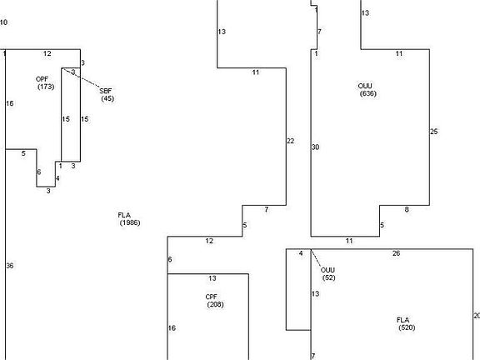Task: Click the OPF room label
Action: pyautogui.click(x=42, y=79)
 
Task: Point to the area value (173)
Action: pyautogui.click(x=46, y=87)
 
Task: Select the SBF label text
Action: pyautogui.click(x=106, y=91)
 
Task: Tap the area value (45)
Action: pyautogui.click(x=107, y=98)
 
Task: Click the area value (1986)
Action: pyautogui.click(x=130, y=222)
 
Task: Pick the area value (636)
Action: pyautogui.click(x=368, y=93)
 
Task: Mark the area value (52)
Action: pyautogui.click(x=329, y=277)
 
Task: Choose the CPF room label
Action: pyautogui.click(x=212, y=297)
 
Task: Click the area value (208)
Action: pyautogui.click(x=215, y=305)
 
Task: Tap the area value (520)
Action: pyautogui.click(x=407, y=327)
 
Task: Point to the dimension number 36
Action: pyautogui.click(x=10, y=266)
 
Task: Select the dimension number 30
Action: pyautogui.click(x=315, y=147)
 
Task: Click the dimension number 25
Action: pyautogui.click(x=434, y=132)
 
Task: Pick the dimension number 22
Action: pyautogui.click(x=291, y=141)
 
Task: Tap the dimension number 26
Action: pyautogui.click(x=396, y=253)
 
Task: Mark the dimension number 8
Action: pyautogui.click(x=407, y=210)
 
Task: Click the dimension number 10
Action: pyautogui.click(x=3, y=22)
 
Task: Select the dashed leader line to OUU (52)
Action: pyautogui.click(x=316, y=258)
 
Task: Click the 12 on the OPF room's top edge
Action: pyautogui.click(x=47, y=53)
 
